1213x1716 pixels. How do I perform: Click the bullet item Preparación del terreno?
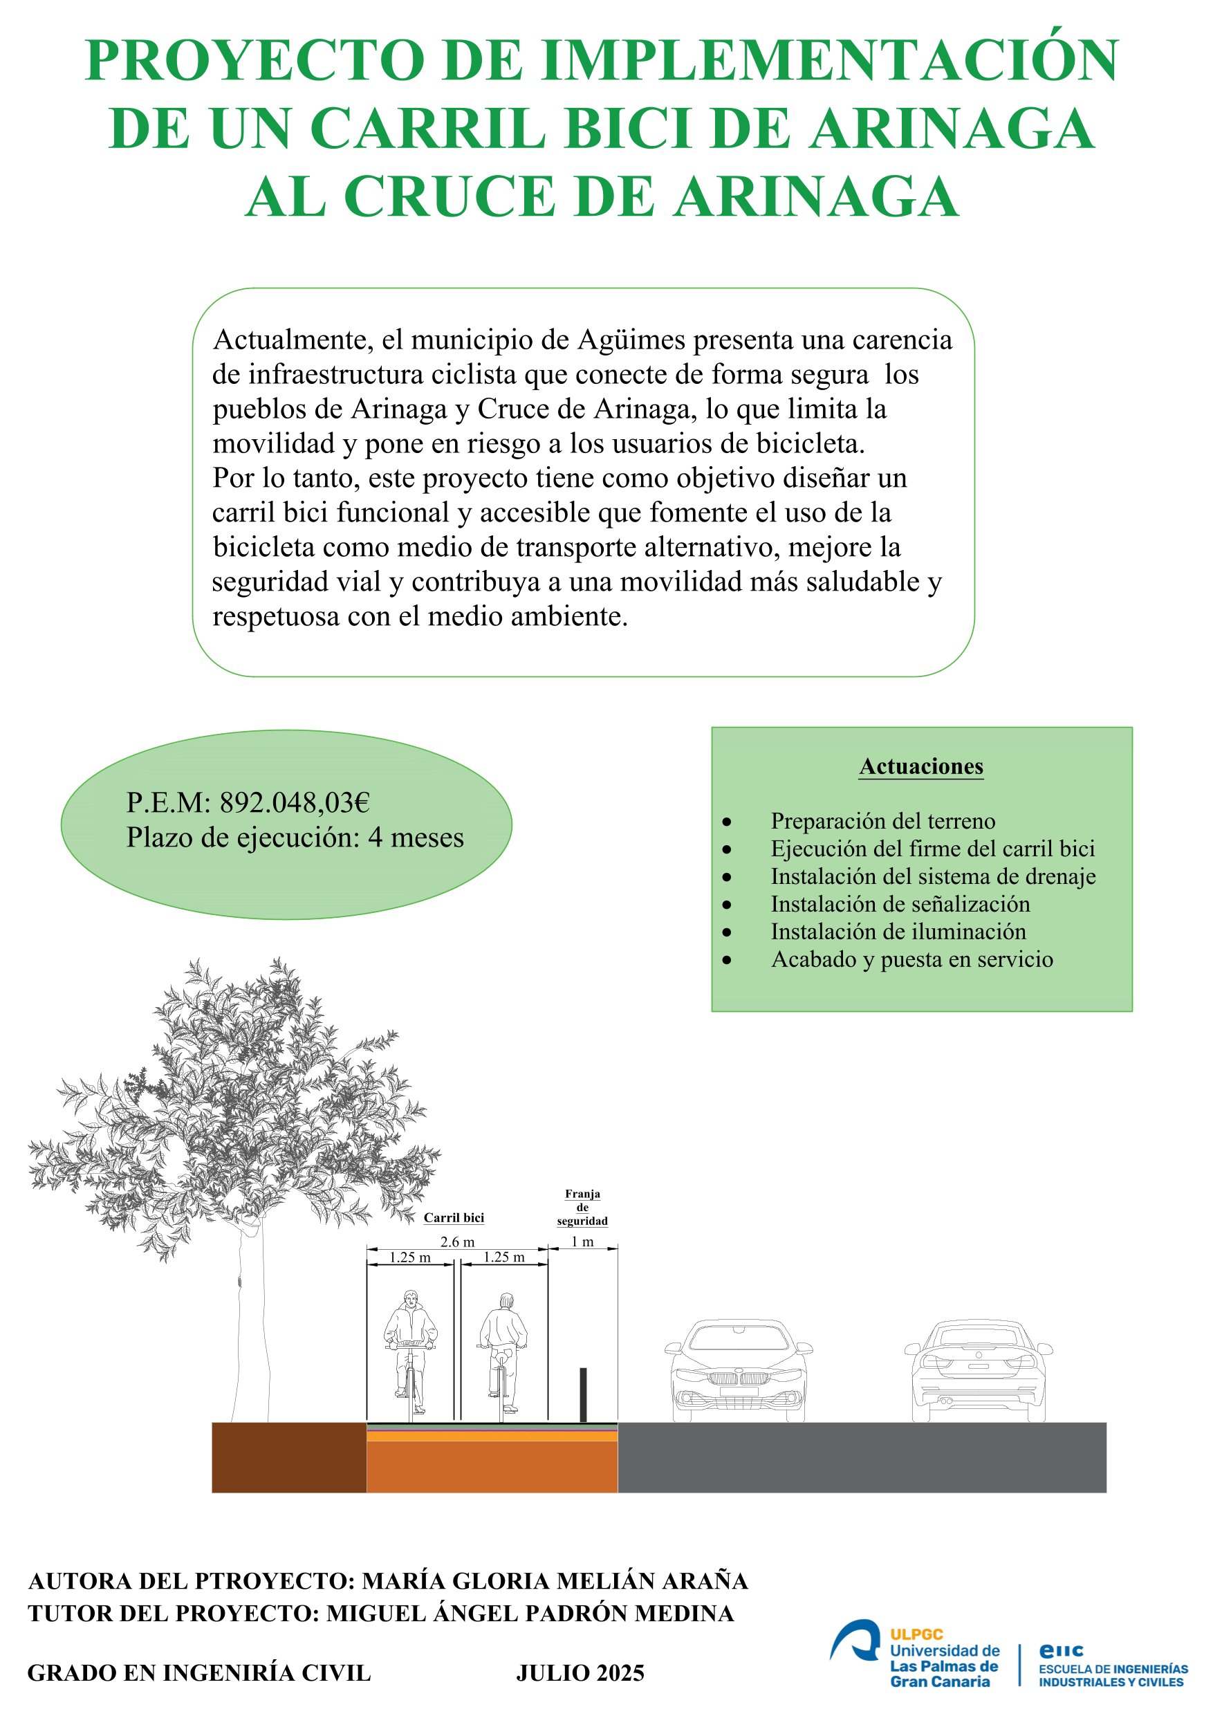click(882, 820)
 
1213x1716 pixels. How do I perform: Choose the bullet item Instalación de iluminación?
click(898, 931)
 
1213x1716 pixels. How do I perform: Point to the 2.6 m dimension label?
click(456, 1242)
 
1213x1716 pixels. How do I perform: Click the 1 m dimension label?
click(582, 1242)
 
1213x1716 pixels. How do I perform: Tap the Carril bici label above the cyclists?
click(454, 1217)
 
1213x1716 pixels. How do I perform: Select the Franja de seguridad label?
click(582, 1207)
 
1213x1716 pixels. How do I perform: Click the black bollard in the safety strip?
click(583, 1394)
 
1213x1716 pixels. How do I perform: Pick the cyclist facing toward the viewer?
click(409, 1352)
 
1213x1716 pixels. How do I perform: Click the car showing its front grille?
click(739, 1370)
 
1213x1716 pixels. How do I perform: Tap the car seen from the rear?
click(979, 1370)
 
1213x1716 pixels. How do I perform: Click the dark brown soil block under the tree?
click(289, 1457)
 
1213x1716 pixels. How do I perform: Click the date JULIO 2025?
click(580, 1672)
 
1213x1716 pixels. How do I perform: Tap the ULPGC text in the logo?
click(916, 1634)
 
